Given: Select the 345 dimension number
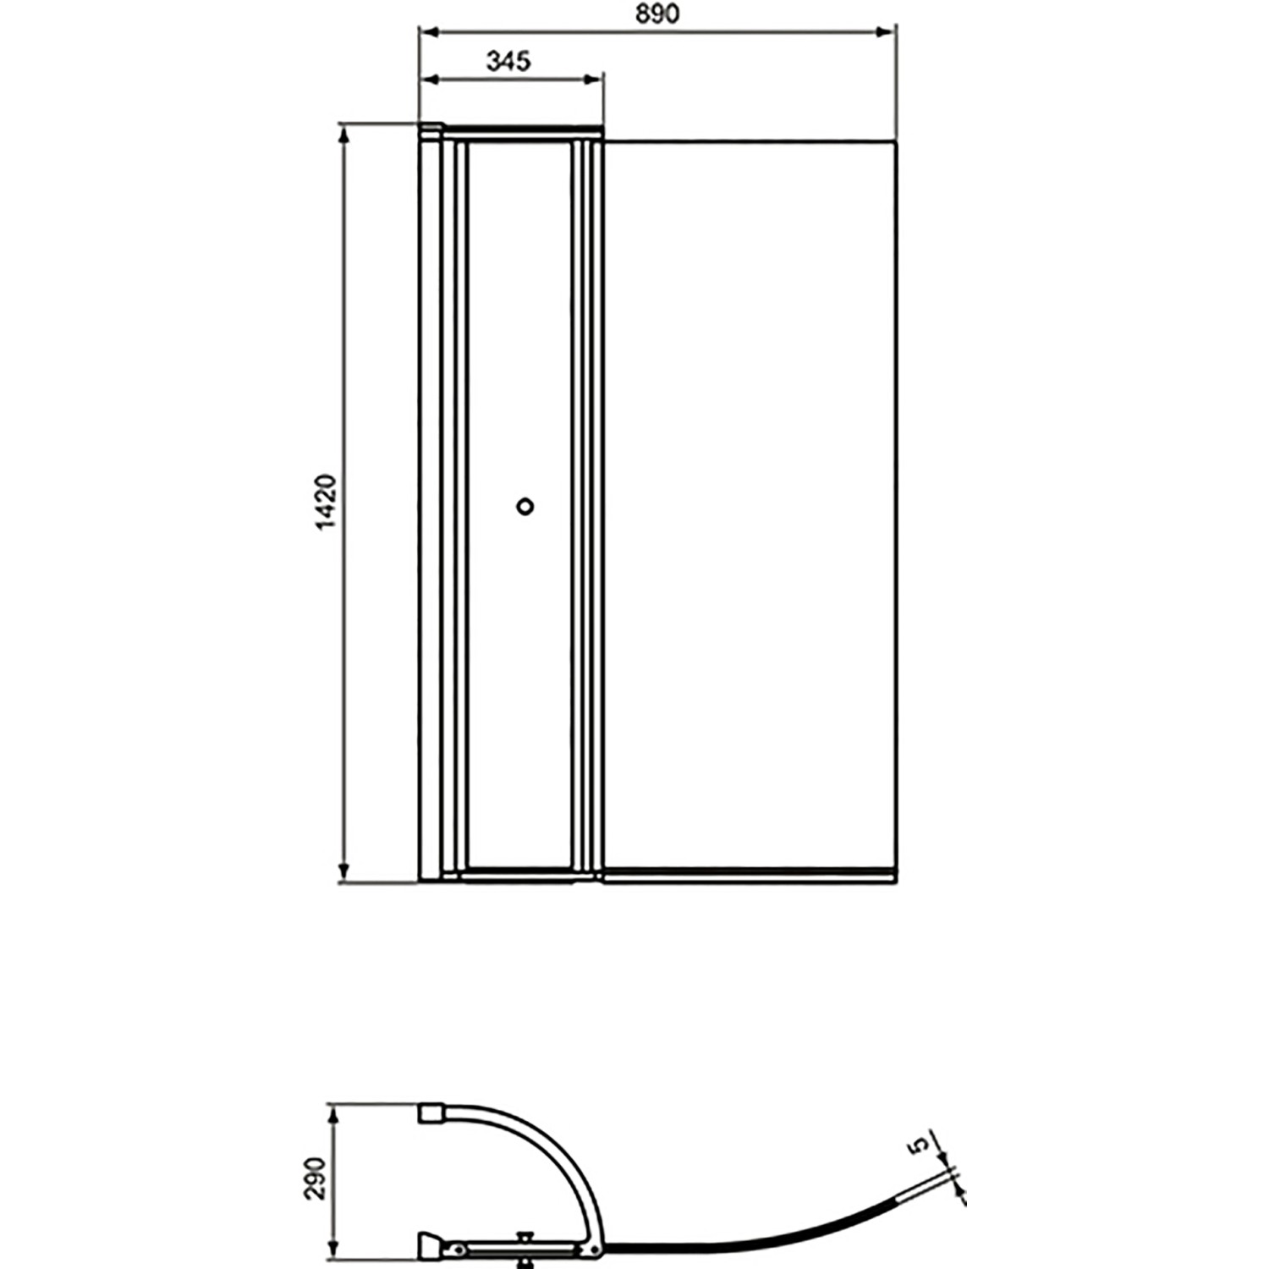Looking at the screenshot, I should pos(508,61).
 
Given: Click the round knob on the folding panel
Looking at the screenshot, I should pos(525,506).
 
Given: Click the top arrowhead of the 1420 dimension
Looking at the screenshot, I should pos(343,134).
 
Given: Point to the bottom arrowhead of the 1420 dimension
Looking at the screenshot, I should pos(343,873).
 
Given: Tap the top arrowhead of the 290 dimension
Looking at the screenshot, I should pos(334,1112).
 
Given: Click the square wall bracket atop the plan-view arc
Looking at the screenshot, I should pos(431,1112).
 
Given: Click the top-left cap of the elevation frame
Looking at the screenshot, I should pos(431,129).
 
